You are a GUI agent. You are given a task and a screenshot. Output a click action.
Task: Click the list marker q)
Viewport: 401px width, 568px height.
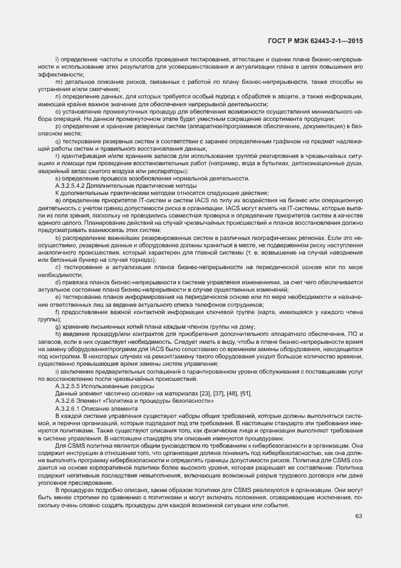(x=58, y=141)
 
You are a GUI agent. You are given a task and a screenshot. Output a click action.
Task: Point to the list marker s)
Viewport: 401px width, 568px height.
(x=58, y=178)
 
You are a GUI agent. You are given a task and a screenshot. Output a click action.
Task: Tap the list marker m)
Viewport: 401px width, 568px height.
(x=58, y=81)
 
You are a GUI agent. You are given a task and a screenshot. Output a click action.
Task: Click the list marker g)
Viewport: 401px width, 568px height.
(x=58, y=326)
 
